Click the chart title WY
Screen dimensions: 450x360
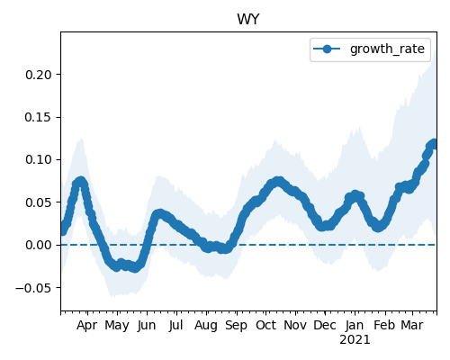click(247, 20)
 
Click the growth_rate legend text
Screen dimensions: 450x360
click(387, 49)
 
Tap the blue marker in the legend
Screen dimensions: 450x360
click(327, 49)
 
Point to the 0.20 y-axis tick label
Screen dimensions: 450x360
click(39, 75)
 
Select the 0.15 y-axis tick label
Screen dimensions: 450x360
click(39, 117)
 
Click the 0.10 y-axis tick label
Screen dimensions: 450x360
click(39, 159)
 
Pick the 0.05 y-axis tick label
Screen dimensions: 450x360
click(39, 202)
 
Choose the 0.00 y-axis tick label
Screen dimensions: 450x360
click(39, 245)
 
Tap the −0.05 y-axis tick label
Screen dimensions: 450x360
click(33, 288)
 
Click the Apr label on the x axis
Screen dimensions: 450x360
click(86, 326)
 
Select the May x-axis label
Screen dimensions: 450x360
click(117, 326)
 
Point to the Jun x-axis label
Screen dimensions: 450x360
click(147, 326)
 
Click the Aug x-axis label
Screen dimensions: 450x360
click(206, 326)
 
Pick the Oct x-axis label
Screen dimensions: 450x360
click(265, 326)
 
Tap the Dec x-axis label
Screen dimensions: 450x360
click(325, 326)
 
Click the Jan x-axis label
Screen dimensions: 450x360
click(355, 326)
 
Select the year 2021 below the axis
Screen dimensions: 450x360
click(355, 340)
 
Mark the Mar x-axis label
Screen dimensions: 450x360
click(412, 326)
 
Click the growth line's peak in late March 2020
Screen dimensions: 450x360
click(80, 181)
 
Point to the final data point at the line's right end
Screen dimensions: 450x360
click(434, 144)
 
